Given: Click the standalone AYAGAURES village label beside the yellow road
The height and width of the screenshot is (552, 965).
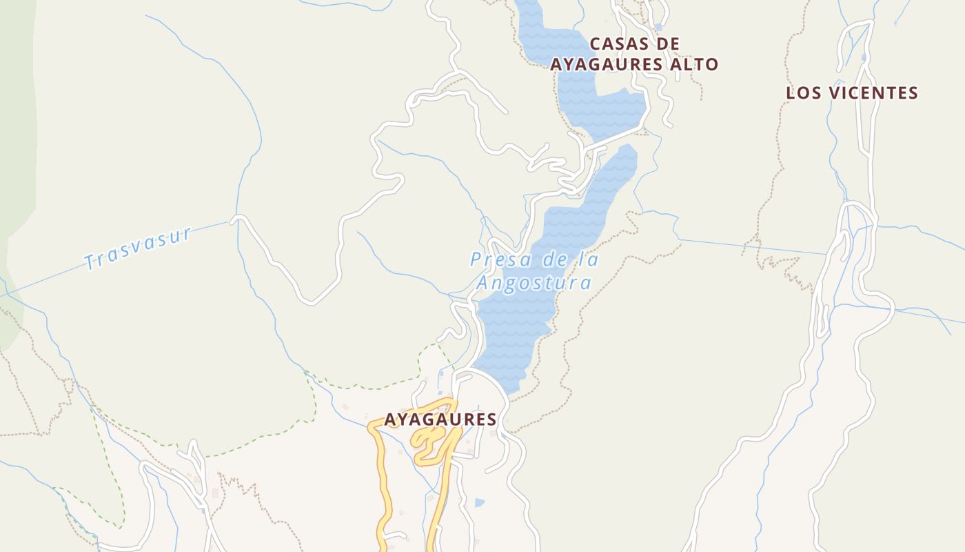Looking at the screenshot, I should (440, 420).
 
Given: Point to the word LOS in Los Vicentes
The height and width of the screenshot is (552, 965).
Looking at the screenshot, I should (803, 93).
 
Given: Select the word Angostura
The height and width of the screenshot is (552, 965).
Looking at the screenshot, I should (534, 283).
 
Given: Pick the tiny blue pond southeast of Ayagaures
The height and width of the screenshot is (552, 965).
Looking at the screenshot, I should (479, 502).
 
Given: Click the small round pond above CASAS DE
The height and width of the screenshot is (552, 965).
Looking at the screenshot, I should (659, 28).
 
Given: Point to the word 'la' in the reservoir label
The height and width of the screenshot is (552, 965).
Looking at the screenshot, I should (590, 260).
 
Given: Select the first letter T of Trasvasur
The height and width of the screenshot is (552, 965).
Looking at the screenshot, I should (90, 262).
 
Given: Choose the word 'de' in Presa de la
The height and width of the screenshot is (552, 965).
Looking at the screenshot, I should (549, 260).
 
